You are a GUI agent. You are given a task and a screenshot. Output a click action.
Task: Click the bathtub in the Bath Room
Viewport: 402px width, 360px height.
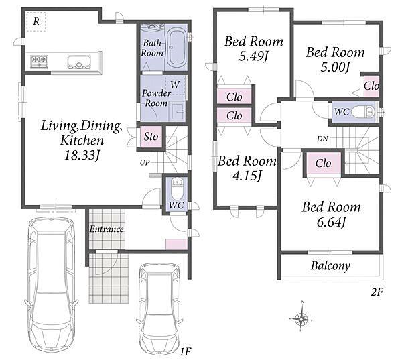[x=176, y=48]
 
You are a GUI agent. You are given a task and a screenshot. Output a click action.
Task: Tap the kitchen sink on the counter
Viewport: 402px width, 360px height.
[x=79, y=62]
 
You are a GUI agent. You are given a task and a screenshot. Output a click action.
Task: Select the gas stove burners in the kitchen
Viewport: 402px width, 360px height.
[x=40, y=61]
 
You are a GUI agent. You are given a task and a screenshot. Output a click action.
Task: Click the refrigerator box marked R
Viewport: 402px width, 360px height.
[x=36, y=21]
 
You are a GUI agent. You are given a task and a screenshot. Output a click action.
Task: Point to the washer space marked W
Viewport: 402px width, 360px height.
[x=176, y=85]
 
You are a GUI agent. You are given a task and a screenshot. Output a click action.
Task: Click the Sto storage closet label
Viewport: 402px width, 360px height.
[x=151, y=137]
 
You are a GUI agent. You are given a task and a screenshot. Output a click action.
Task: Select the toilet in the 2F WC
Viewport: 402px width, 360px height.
[x=363, y=112]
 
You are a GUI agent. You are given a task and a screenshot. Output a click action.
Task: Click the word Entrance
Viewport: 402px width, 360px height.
[x=107, y=229]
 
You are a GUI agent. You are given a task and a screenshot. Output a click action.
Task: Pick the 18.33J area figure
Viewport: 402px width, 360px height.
[x=82, y=156]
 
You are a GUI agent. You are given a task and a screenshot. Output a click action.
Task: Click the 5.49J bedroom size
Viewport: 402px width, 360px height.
[x=253, y=56]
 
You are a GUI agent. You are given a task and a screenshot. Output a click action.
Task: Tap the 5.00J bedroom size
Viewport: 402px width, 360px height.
[x=336, y=67]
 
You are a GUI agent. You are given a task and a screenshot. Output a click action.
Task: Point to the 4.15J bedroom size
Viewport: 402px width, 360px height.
[x=247, y=176]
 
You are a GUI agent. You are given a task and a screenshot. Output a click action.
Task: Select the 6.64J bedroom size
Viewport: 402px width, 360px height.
[x=332, y=222]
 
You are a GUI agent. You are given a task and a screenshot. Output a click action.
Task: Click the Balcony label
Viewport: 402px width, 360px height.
[x=330, y=266]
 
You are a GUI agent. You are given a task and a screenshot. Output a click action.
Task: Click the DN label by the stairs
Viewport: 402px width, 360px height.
[x=322, y=139]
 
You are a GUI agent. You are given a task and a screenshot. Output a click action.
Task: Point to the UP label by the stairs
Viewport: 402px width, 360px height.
[x=145, y=162]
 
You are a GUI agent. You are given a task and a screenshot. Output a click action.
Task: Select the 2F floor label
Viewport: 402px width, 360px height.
[x=377, y=292]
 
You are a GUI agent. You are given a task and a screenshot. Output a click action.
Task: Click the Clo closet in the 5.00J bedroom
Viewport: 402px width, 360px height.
[x=371, y=86]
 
